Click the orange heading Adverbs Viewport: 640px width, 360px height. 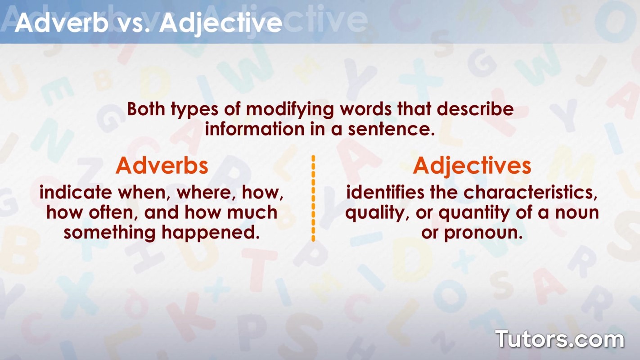pos(162,166)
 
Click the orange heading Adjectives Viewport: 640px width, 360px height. pos(472,166)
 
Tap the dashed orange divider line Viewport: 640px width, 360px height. pos(313,198)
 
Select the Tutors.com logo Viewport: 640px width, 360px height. pos(559,339)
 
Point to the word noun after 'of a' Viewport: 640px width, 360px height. pos(577,212)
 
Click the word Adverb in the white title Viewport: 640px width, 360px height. pos(61,23)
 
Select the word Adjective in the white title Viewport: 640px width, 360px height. pos(221,23)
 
